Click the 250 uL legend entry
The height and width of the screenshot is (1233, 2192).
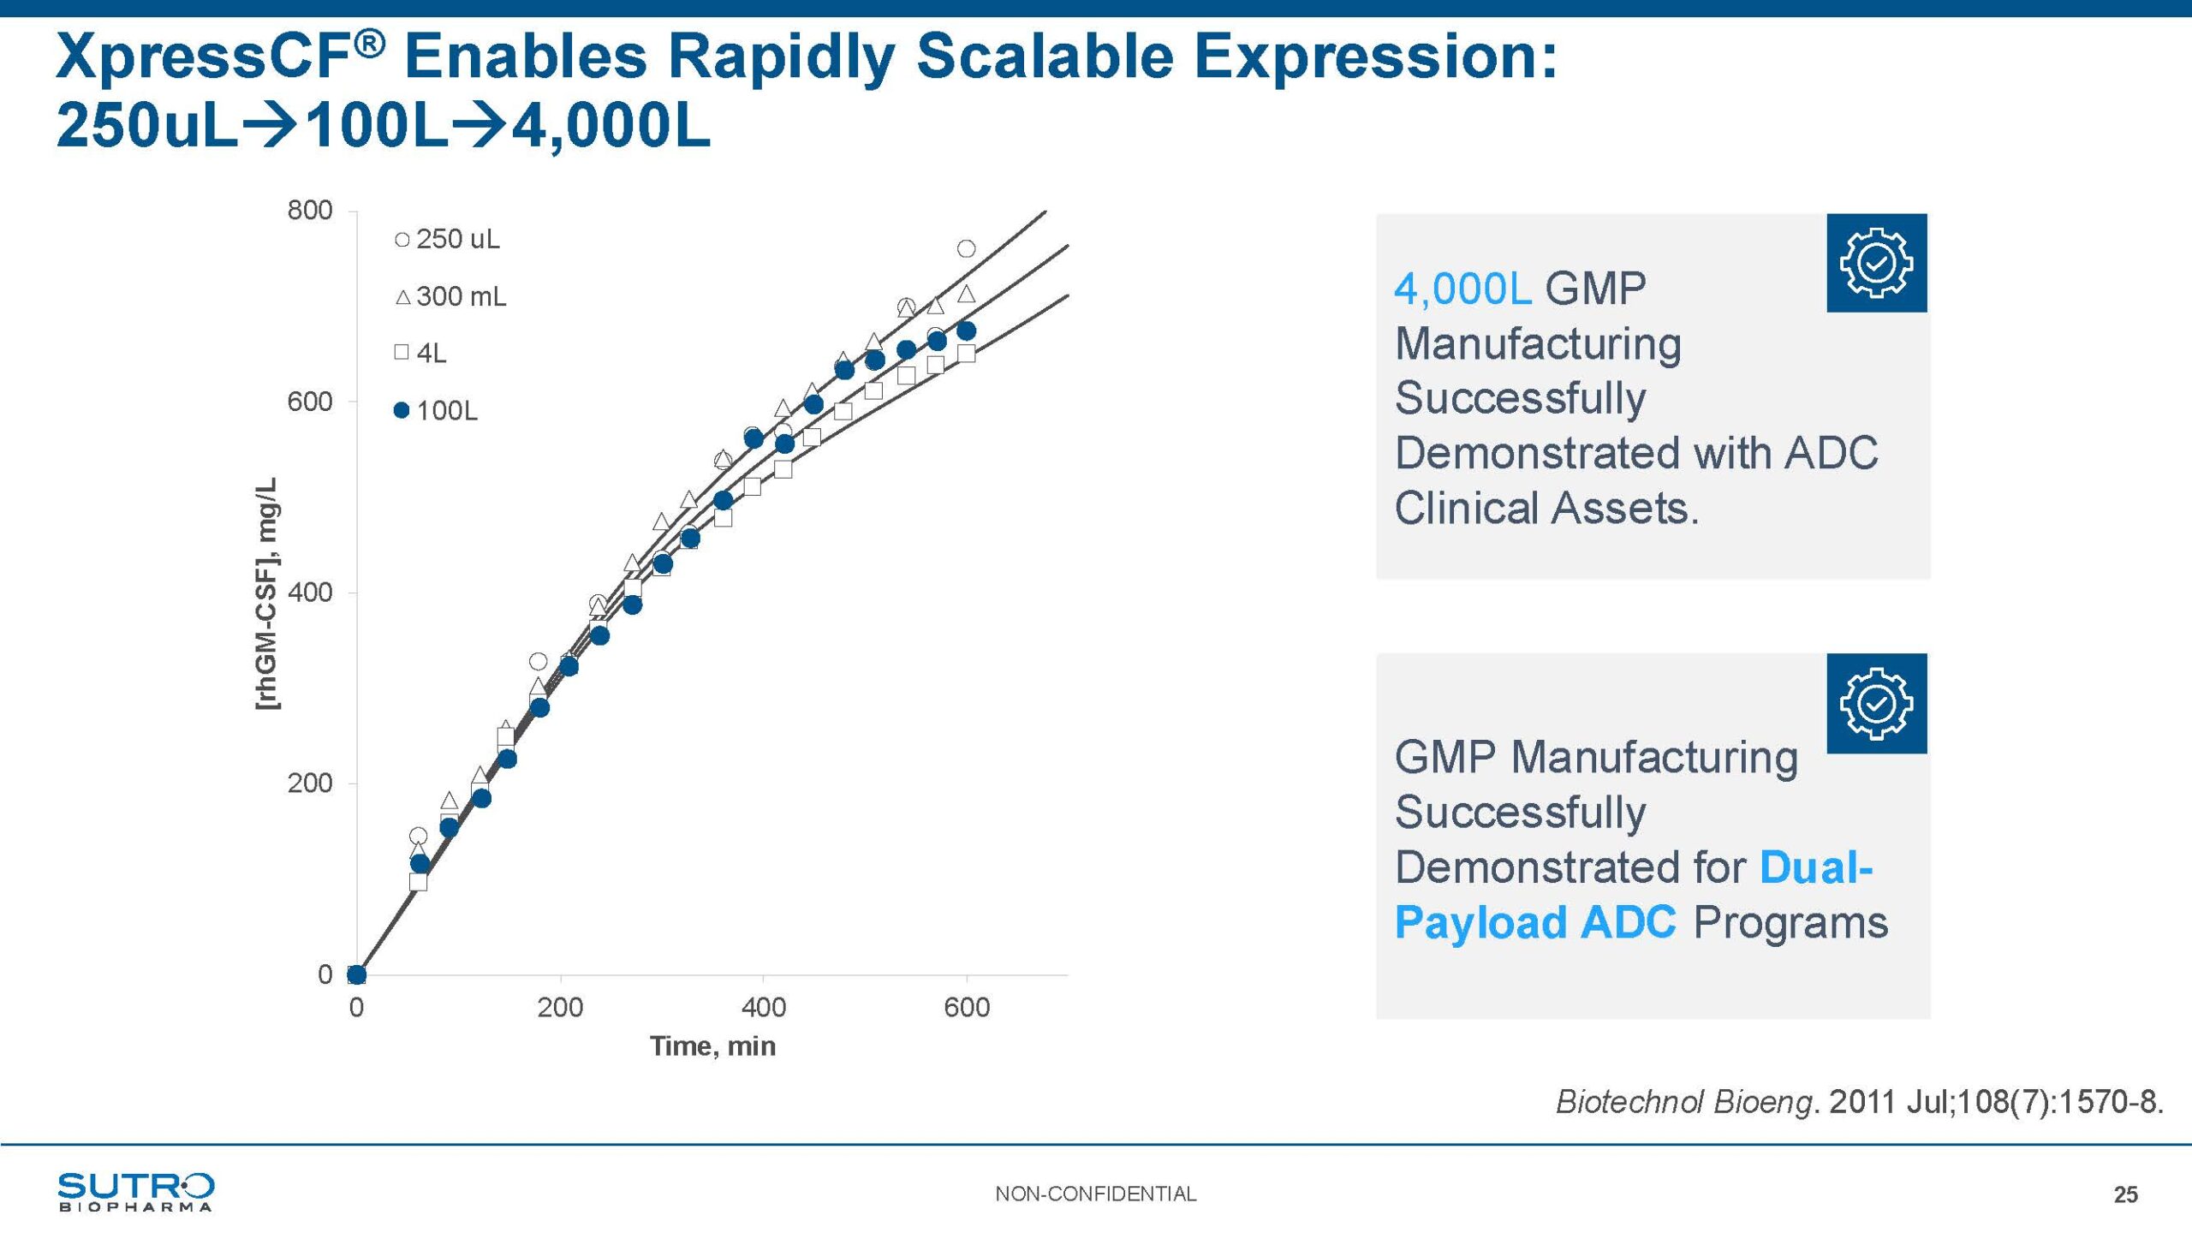click(448, 239)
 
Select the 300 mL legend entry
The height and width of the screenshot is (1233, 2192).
click(451, 297)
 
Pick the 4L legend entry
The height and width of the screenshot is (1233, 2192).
click(421, 353)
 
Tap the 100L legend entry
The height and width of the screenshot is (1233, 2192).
click(436, 411)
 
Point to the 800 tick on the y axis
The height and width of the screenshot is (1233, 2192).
click(310, 210)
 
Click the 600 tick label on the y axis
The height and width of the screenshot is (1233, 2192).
click(310, 402)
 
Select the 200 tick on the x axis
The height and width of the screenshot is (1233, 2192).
click(560, 1007)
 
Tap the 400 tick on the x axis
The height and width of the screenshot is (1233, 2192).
click(763, 1007)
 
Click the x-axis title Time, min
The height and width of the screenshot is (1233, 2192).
click(712, 1046)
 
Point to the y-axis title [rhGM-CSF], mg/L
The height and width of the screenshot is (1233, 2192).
click(267, 593)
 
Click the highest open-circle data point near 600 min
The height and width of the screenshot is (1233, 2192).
click(966, 249)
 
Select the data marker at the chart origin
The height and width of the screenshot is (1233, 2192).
click(357, 974)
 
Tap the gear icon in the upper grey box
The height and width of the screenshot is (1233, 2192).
click(1876, 263)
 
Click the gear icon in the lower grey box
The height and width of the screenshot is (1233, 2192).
click(1876, 703)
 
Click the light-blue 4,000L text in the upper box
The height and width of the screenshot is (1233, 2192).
click(1462, 289)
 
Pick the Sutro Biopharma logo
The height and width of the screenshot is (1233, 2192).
click(135, 1192)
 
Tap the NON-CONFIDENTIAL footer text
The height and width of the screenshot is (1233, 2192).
click(1095, 1194)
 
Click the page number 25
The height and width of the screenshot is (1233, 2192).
click(2125, 1195)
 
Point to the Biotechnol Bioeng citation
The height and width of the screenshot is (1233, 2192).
click(1859, 1102)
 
